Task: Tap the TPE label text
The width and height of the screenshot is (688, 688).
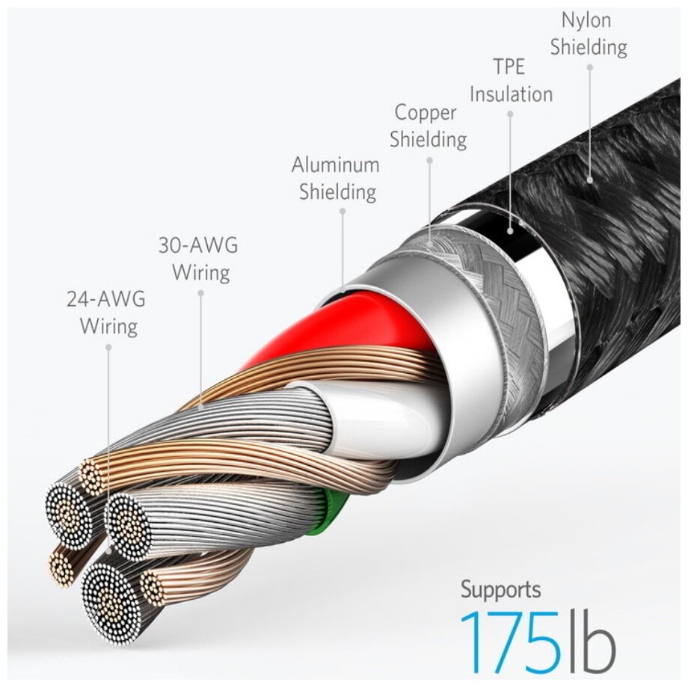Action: tap(509, 67)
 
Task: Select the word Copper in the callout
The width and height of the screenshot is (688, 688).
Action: tap(426, 113)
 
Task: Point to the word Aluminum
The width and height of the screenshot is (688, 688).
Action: tap(336, 165)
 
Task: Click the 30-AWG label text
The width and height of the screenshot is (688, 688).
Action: tap(198, 245)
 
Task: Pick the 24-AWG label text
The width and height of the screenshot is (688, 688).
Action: tap(106, 300)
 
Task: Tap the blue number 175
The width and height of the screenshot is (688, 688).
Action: tap(508, 642)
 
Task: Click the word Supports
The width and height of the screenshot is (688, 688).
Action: tap(500, 589)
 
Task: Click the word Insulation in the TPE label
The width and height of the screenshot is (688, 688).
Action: tap(511, 94)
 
